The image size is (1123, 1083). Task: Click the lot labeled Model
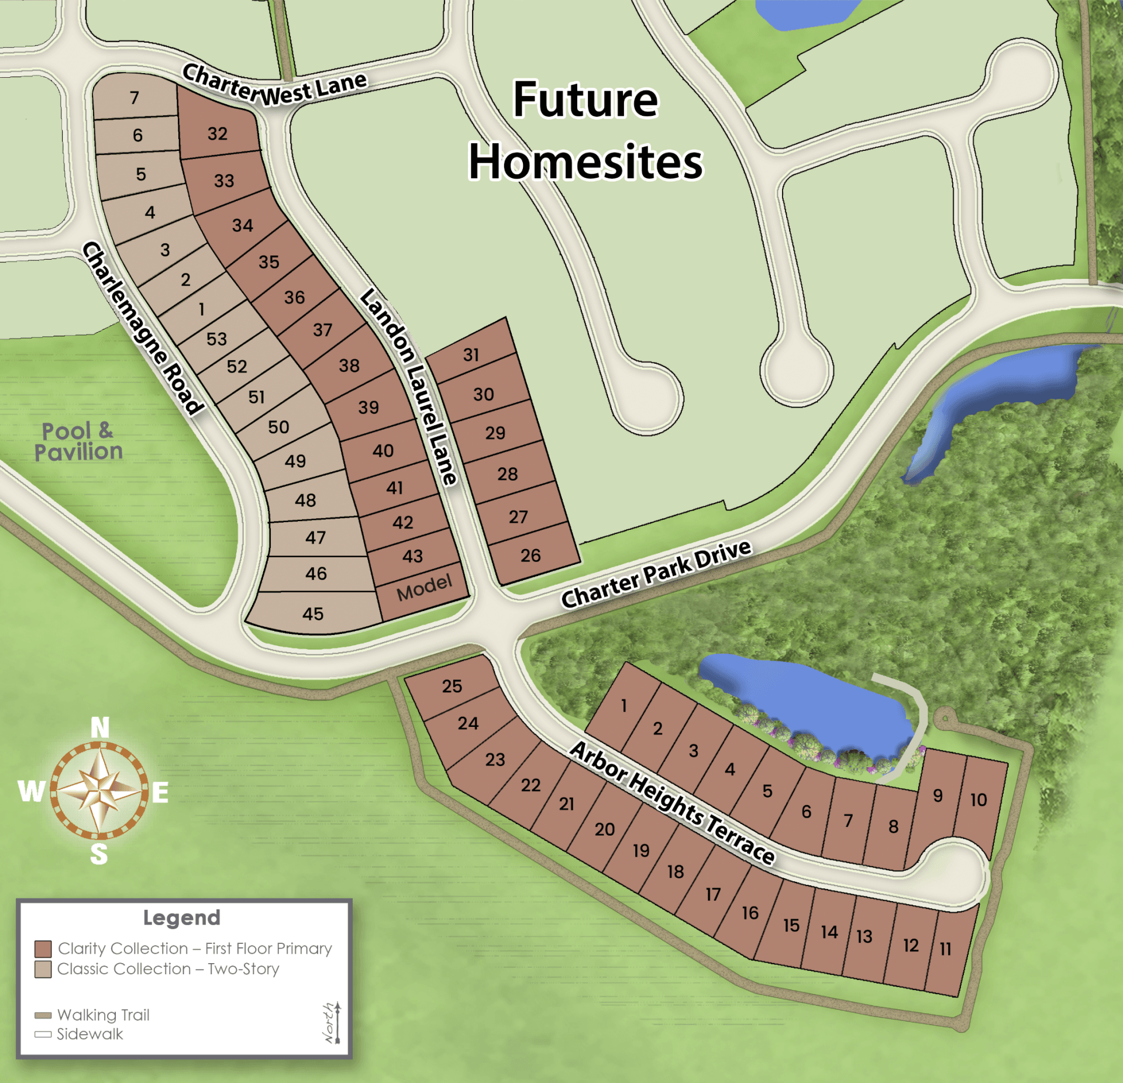point(424,588)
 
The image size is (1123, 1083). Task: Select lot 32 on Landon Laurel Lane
point(218,133)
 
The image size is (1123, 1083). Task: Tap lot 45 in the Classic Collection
point(313,614)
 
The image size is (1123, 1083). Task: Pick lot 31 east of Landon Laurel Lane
point(471,354)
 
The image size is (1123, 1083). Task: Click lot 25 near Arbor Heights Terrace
point(452,686)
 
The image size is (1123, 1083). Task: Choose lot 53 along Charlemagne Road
point(216,339)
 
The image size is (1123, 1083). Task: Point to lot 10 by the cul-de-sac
point(979,800)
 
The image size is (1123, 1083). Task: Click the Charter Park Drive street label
point(656,574)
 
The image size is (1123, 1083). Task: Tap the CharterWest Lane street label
point(274,87)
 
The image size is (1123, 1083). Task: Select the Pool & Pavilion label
point(78,442)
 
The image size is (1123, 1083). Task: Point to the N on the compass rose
point(100,728)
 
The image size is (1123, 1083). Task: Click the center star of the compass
point(100,791)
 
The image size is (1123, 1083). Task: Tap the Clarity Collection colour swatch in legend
point(43,949)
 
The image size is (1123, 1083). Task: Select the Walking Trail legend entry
point(103,1015)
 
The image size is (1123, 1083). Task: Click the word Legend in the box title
point(182,918)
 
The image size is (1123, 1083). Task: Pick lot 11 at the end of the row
point(946,949)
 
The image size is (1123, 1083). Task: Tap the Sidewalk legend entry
point(89,1034)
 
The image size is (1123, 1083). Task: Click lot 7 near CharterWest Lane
point(135,97)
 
